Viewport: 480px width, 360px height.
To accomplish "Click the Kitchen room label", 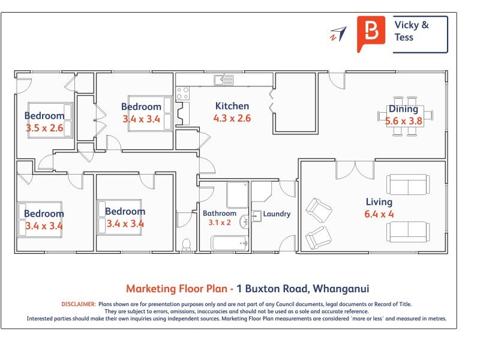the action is click(232, 106).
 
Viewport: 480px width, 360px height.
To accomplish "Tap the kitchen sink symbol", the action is click(223, 80).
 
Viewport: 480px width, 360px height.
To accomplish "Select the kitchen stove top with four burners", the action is click(182, 94).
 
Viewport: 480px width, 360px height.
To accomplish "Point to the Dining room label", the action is click(403, 109).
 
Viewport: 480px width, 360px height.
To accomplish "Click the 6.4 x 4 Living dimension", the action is click(379, 214).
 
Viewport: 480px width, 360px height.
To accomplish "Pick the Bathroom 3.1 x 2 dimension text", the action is click(220, 222).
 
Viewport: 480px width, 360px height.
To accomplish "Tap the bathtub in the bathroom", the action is click(230, 243).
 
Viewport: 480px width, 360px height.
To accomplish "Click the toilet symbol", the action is click(186, 245).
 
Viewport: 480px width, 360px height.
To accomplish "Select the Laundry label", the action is click(277, 214).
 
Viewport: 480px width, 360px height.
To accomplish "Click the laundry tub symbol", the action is click(257, 216).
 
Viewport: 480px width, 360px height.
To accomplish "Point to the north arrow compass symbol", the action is click(338, 34).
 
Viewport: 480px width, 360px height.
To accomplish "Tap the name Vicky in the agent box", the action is click(407, 25).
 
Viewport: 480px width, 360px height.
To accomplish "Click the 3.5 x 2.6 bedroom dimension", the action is click(44, 128).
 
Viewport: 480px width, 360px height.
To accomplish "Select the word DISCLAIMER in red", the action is click(79, 304).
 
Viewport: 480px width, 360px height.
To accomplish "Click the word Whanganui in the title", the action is click(341, 289).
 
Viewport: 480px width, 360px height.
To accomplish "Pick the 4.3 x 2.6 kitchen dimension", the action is click(232, 118).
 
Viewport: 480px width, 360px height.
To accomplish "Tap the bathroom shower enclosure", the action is click(237, 194).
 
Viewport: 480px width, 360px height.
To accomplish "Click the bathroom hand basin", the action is click(244, 221).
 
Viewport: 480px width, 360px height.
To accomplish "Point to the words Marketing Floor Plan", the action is click(176, 289).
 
